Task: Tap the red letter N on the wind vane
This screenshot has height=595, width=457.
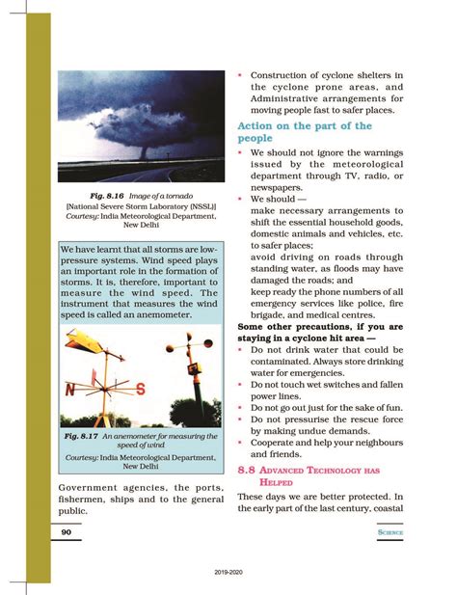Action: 68,390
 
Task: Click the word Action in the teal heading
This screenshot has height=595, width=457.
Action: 260,126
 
